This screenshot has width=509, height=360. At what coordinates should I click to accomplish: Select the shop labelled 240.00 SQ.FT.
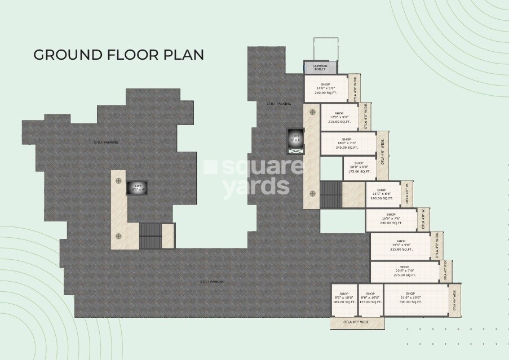tap(325, 88)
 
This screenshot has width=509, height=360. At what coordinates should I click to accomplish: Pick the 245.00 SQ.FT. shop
tap(347, 143)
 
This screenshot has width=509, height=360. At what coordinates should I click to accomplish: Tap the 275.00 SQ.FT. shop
tap(404, 272)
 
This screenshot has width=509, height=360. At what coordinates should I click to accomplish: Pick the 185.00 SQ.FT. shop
tap(344, 299)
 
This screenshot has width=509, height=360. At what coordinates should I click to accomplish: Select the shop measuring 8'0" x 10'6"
tap(370, 299)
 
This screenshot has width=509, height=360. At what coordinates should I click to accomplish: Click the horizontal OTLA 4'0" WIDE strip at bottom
tap(357, 322)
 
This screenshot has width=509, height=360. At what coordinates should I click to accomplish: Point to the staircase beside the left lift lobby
tap(150, 235)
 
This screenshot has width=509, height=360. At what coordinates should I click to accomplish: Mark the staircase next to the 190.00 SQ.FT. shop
tap(331, 194)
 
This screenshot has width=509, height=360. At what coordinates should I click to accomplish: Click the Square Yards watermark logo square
tap(210, 167)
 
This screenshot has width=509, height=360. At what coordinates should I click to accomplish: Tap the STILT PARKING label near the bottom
tap(212, 281)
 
